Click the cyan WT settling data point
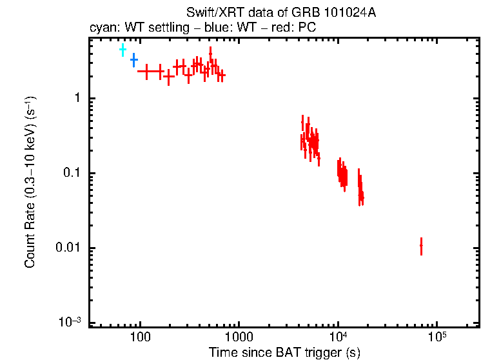[x=123, y=50]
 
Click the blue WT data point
[x=133, y=60]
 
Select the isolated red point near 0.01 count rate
[x=421, y=246]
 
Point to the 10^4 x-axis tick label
[x=338, y=337]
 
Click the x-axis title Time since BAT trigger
[x=284, y=352]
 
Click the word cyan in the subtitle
[x=101, y=28]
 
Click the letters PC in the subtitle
[x=306, y=28]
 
